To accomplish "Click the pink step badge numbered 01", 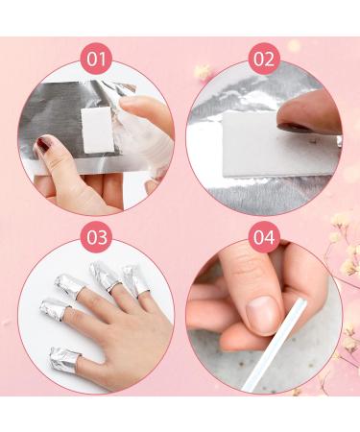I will tap(94, 60).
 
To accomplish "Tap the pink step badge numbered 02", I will tap(263, 60).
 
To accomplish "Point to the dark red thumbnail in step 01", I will tap(44, 145).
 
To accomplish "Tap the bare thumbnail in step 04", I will tap(261, 310).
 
